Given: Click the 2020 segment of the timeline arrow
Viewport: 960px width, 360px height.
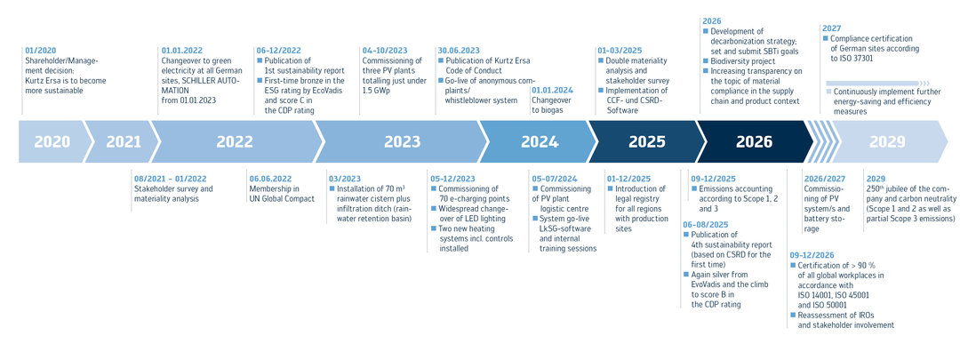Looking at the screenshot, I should (52, 142).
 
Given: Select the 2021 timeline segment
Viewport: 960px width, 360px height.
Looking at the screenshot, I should (123, 142).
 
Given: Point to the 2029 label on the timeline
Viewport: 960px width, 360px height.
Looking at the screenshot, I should (887, 142).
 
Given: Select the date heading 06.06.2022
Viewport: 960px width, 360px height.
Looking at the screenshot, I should (270, 178).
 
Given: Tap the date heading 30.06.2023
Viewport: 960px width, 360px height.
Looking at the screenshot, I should (459, 51).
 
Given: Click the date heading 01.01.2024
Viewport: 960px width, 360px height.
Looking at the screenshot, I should (553, 90).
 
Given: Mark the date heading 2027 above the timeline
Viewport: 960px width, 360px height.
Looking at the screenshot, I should (833, 28).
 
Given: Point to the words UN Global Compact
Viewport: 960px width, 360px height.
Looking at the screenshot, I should (283, 198).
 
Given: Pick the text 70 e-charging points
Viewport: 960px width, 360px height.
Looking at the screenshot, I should (468, 198).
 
